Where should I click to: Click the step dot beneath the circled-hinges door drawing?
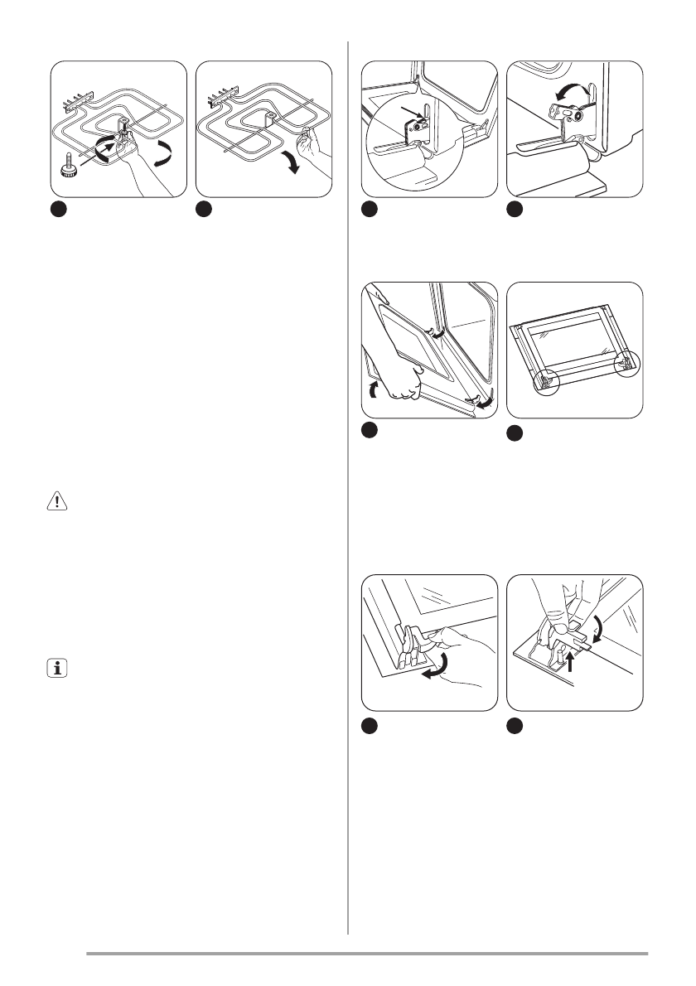pos(515,433)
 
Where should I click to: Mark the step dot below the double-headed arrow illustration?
pos(515,210)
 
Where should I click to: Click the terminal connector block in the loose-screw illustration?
pos(74,104)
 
